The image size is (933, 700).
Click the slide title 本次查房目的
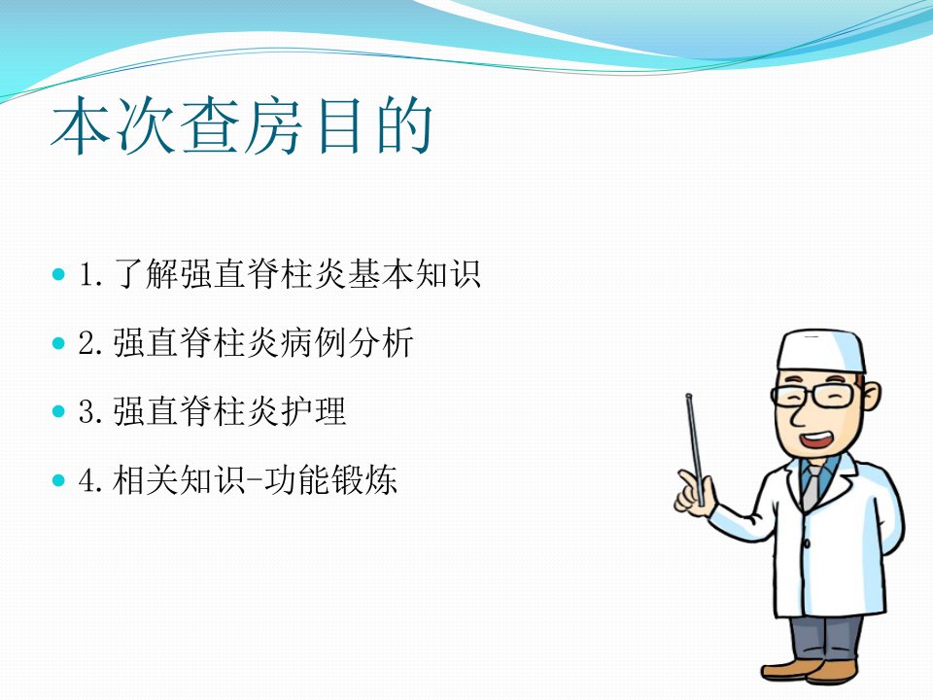pyautogui.click(x=242, y=125)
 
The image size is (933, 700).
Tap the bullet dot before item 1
pyautogui.click(x=58, y=274)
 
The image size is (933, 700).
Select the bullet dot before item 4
pyautogui.click(x=58, y=479)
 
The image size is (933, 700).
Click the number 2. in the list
pyautogui.click(x=91, y=344)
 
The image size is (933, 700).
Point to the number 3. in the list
pyautogui.click(x=91, y=412)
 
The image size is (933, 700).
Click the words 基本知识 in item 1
pyautogui.click(x=414, y=274)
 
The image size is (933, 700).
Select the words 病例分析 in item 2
pyautogui.click(x=346, y=343)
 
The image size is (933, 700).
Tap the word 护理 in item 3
pyautogui.click(x=313, y=411)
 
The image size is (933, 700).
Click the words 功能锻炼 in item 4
pyautogui.click(x=330, y=479)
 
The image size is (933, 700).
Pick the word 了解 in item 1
pyautogui.click(x=146, y=274)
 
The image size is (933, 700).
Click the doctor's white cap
pyautogui.click(x=820, y=351)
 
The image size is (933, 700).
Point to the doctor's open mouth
pyautogui.click(x=815, y=439)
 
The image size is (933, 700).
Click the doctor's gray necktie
pyautogui.click(x=811, y=487)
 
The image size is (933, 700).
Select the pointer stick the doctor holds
pyautogui.click(x=695, y=450)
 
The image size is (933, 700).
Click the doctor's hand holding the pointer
pyautogui.click(x=693, y=492)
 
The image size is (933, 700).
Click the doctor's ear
pyautogui.click(x=870, y=398)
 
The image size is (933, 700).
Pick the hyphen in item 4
pyautogui.click(x=254, y=480)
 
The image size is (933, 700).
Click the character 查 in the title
pyautogui.click(x=210, y=125)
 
